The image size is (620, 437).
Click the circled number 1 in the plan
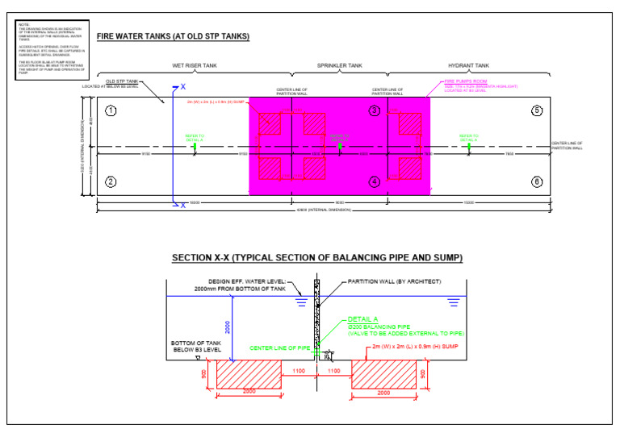pos(111,110)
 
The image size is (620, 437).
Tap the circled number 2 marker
pos(111,181)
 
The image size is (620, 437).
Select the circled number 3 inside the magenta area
pos(374,110)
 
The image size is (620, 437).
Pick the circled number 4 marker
pos(374,181)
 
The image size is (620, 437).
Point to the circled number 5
pos(537,110)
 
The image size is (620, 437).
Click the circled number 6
pos(537,181)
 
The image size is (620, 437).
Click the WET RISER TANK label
pos(194,65)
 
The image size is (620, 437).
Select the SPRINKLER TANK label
pos(339,65)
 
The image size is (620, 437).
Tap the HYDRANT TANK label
pos(469,65)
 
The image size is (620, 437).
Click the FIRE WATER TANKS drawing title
pos(173,37)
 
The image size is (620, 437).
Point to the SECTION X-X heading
pos(317,258)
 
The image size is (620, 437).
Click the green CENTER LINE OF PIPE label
pos(280,348)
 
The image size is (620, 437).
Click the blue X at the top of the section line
pos(182,86)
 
